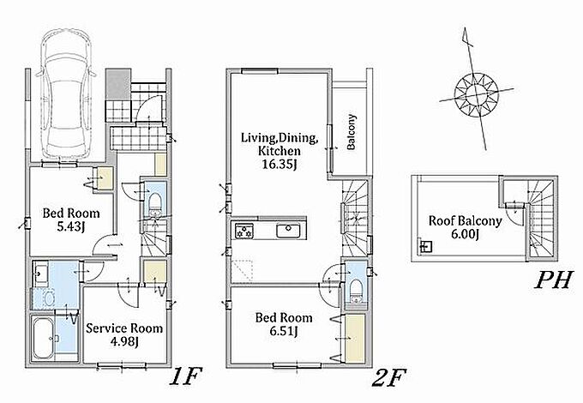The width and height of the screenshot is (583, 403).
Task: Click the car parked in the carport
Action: pos(66,95)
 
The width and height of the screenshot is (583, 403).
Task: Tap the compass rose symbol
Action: pos(477,94)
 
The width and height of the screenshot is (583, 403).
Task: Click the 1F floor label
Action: pos(185,376)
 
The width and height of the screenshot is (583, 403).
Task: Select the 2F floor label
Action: pos(388,377)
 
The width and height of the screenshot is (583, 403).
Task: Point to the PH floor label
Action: pos(553,280)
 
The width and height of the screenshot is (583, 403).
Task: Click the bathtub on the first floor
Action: pos(43,338)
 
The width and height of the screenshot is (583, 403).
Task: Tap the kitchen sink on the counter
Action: pos(288,232)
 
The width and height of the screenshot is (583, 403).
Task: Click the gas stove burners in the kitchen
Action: pos(243,231)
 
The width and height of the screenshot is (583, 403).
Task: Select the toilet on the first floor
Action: pos(155,204)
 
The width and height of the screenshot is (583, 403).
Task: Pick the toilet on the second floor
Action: pos(356,291)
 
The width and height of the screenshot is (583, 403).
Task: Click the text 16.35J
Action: pos(279,164)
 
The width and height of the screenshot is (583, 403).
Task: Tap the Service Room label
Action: pos(124,328)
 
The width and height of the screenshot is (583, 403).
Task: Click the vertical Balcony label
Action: pos(351,132)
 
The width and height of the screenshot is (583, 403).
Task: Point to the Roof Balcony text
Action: pos(466,221)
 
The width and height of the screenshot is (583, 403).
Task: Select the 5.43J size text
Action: pos(71,226)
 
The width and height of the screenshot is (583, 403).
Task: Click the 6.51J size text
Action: pos(284,330)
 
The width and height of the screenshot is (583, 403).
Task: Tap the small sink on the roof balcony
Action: pos(426,246)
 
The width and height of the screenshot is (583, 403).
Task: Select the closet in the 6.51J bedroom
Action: pos(356,339)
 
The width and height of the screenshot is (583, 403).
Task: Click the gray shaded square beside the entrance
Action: pos(117,84)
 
